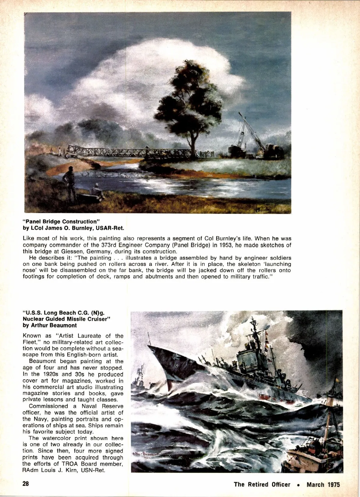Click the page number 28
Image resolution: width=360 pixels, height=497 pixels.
click(x=26, y=484)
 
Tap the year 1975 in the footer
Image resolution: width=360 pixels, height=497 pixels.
click(x=333, y=485)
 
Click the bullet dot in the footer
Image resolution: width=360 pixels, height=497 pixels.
click(x=298, y=485)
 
